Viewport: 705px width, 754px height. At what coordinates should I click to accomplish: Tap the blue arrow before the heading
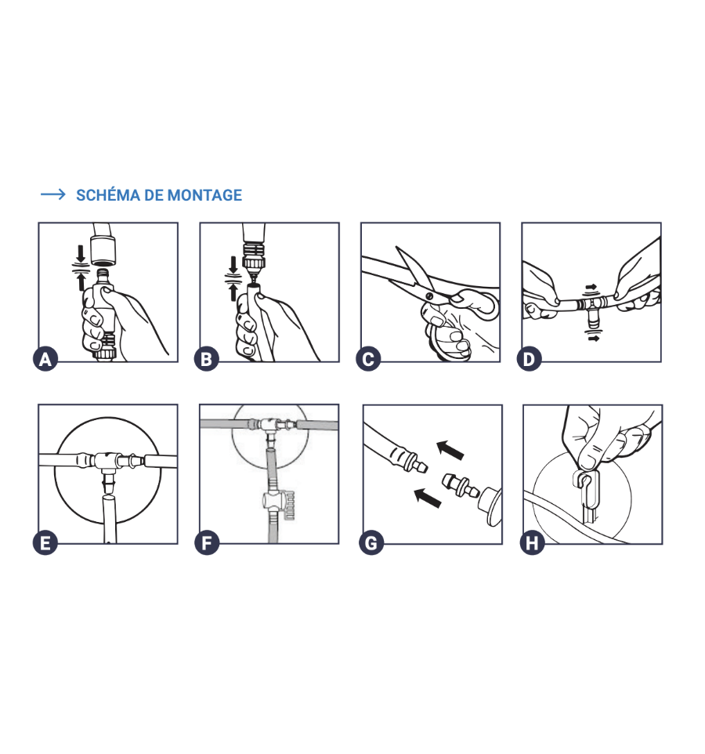(x=53, y=194)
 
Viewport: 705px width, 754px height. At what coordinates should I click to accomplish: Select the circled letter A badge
(x=45, y=359)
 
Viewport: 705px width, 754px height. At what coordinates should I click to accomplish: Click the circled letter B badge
(x=207, y=359)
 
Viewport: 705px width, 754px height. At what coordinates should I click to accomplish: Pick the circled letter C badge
(x=368, y=359)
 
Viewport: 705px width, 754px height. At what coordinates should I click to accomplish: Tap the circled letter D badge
(x=529, y=359)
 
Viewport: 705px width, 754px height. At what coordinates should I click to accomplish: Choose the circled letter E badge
(x=45, y=543)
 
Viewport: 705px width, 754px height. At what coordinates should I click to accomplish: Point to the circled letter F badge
(x=207, y=543)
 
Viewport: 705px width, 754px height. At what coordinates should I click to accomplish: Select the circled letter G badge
(x=371, y=543)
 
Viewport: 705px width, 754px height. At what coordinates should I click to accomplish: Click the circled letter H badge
(x=533, y=543)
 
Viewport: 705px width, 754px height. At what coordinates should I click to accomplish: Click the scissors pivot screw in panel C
(x=429, y=296)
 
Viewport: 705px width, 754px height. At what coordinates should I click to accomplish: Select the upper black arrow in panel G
(x=450, y=450)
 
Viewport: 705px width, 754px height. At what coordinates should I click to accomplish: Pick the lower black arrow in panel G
(x=428, y=498)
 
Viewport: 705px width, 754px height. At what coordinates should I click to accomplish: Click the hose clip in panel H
(x=586, y=491)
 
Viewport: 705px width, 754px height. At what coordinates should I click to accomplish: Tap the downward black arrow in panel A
(x=81, y=253)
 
